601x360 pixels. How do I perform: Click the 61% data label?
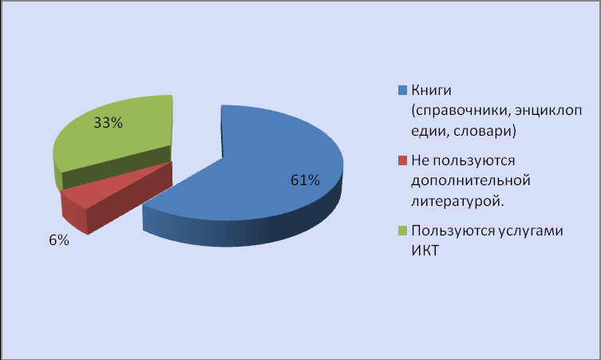pos(305,180)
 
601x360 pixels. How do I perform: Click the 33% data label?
pos(108,123)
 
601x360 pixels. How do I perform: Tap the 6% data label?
pos(59,240)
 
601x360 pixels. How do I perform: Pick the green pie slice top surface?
pos(115,130)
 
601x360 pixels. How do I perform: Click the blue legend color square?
pos(402,90)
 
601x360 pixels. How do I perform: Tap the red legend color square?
pos(402,160)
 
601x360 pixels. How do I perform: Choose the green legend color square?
pos(402,231)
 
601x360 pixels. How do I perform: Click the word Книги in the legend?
pos(431,90)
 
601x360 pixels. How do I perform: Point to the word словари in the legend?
pos(484,131)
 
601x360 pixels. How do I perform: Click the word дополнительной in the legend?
pos(471,180)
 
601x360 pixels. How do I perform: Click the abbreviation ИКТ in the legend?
pos(425,251)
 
